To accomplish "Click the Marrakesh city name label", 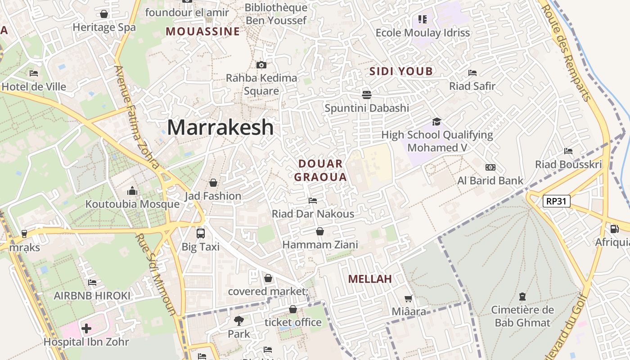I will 220,127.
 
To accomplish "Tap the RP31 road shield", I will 557,201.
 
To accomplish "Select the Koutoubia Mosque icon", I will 132,191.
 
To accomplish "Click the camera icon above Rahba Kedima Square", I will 261,65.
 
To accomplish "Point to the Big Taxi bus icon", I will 201,234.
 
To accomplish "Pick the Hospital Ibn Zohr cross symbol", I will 86,328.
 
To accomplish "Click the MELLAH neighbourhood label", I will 370,279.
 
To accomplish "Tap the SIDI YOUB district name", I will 401,71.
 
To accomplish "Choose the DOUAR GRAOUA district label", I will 320,170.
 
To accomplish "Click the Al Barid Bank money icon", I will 490,167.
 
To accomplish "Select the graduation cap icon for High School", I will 436,121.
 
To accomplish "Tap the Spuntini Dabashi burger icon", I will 367,94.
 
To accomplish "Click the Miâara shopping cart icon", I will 408,298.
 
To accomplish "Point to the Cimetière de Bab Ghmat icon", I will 522,297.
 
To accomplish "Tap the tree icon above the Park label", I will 238,321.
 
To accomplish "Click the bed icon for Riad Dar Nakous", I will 313,200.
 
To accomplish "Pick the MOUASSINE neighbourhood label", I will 203,31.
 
